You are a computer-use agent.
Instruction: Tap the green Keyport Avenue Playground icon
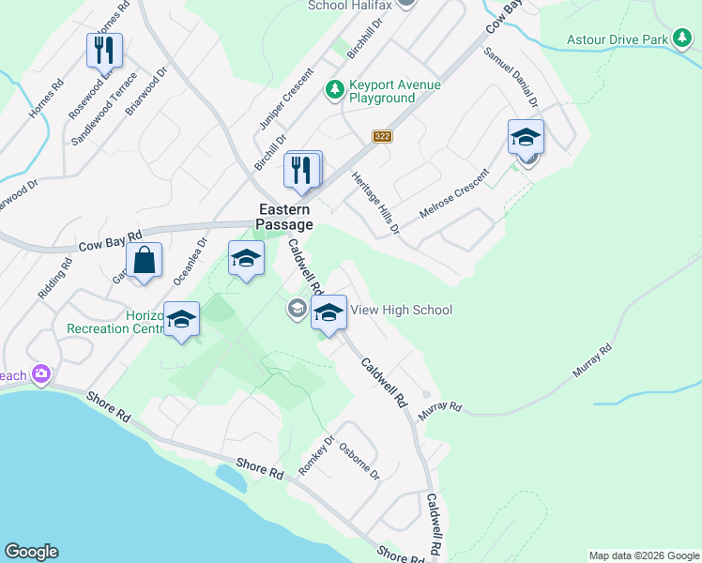333,90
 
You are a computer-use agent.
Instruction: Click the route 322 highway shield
381,136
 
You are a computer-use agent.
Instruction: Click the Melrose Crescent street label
455,194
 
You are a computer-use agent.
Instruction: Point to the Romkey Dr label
316,454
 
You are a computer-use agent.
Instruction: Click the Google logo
31,552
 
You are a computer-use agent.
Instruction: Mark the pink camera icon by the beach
40,374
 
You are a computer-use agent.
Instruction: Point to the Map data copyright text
643,555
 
